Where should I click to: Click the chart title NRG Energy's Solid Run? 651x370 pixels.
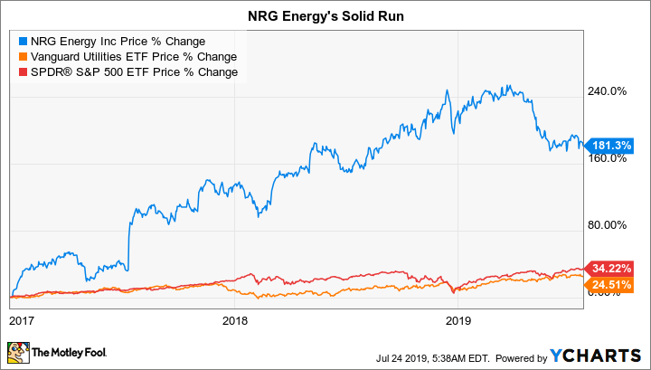325,15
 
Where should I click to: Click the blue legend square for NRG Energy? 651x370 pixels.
23,41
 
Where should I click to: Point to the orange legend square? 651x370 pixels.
23,56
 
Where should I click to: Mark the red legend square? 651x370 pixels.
23,71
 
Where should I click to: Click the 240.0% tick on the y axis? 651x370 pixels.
609,91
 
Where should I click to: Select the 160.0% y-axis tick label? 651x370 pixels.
609,158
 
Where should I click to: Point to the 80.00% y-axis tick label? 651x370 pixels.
609,225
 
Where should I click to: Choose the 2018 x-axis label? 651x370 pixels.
235,320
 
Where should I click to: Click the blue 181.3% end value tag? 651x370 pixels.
612,144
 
